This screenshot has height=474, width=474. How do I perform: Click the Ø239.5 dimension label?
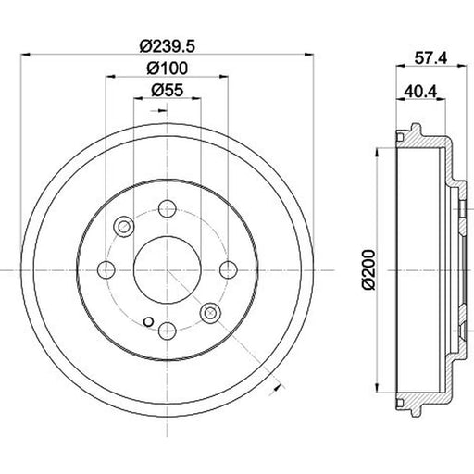[168, 46]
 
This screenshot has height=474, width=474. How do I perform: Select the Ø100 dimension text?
[167, 69]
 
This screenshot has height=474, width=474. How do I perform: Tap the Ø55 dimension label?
[168, 90]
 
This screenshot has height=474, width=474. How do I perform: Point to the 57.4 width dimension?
[430, 57]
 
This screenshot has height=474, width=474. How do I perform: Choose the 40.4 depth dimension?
[421, 92]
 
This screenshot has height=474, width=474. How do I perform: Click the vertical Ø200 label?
[368, 270]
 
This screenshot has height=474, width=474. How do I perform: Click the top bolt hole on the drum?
[168, 209]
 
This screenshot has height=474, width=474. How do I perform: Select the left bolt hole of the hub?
[106, 270]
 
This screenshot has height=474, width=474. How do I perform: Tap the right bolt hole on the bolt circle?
[229, 269]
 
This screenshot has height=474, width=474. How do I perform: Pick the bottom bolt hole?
[168, 331]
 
